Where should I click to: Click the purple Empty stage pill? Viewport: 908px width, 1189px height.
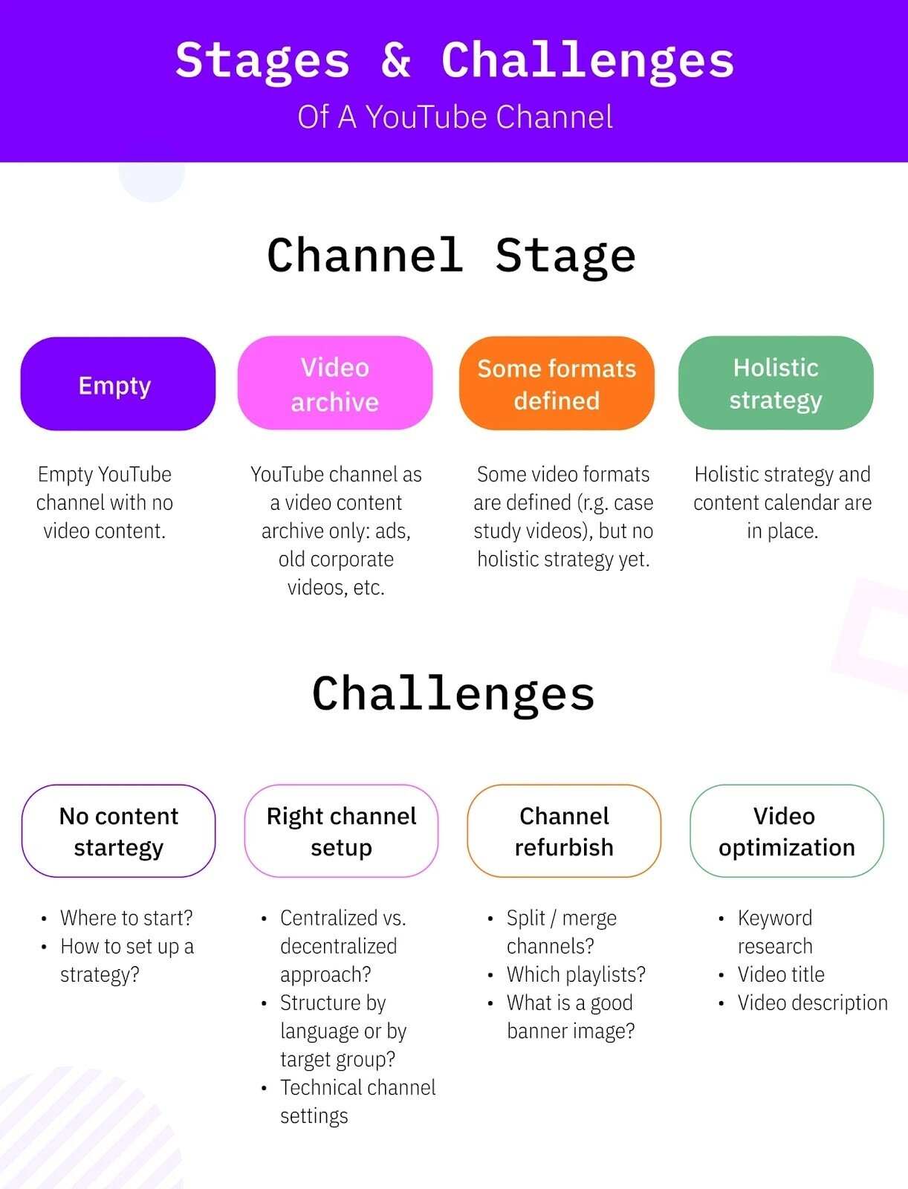[x=117, y=384]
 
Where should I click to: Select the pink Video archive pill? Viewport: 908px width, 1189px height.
[x=334, y=383]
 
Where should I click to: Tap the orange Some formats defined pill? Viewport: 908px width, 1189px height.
[x=557, y=383]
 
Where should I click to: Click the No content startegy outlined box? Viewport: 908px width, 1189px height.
[x=118, y=831]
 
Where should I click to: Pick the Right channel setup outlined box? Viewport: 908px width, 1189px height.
[x=341, y=831]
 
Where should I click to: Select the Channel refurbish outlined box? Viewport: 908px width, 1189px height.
[x=564, y=831]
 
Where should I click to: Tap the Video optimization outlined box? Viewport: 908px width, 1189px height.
[x=786, y=831]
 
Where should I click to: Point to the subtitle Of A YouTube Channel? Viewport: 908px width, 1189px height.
[x=455, y=117]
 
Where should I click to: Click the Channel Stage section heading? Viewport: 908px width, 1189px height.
[x=451, y=255]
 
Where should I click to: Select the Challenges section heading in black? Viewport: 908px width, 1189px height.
[x=453, y=693]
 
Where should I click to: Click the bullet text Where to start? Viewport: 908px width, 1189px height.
[x=126, y=918]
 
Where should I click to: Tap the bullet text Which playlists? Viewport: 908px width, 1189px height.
[x=576, y=974]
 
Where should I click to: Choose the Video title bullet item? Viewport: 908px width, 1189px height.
[x=781, y=974]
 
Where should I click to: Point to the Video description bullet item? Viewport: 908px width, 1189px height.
[x=812, y=1002]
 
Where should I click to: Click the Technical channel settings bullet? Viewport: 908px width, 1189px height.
[x=357, y=1101]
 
